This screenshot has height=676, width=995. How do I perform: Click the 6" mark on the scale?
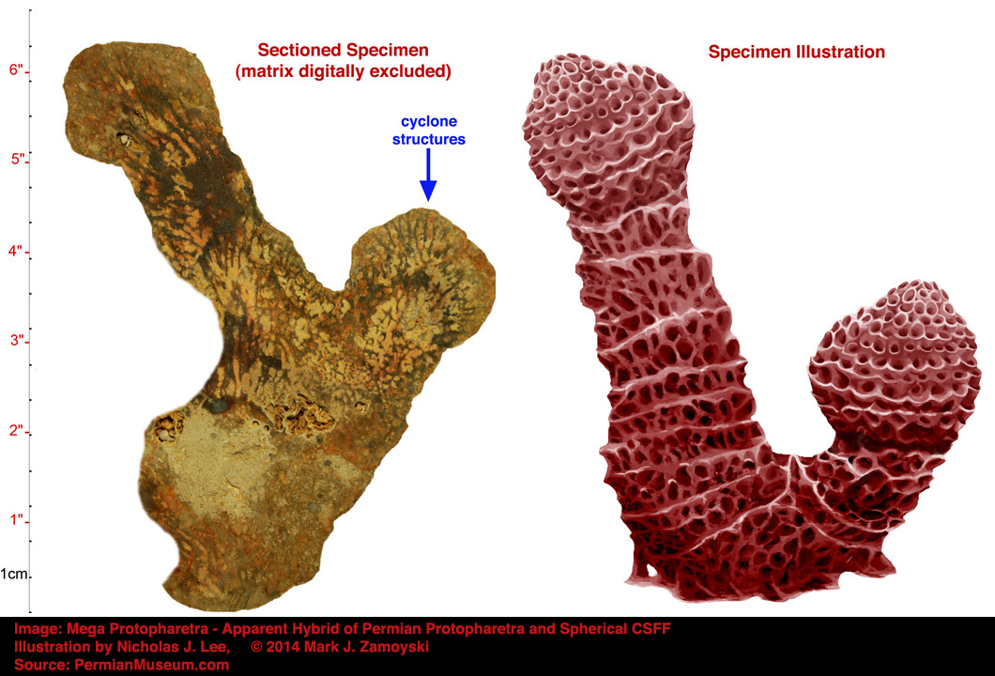tap(17, 69)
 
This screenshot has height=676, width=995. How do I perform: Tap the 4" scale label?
tap(17, 251)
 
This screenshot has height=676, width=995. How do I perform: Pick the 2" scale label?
tap(17, 430)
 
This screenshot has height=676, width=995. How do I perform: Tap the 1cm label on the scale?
tap(14, 574)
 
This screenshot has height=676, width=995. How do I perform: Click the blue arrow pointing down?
tap(428, 175)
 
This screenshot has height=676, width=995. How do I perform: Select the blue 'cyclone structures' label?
tap(428, 131)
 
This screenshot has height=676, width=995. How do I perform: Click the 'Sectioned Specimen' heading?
tap(343, 50)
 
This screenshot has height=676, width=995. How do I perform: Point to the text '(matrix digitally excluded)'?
tap(344, 71)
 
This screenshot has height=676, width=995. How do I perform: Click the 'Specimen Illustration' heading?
tap(796, 52)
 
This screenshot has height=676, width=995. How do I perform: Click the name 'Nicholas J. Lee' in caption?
tap(174, 647)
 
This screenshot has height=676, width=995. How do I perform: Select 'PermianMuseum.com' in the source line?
tap(152, 665)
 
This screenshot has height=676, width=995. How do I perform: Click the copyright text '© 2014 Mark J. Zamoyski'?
tap(340, 647)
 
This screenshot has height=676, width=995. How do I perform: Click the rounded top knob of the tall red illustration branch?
tap(606, 131)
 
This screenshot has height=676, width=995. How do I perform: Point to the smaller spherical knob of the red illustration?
tap(895, 368)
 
